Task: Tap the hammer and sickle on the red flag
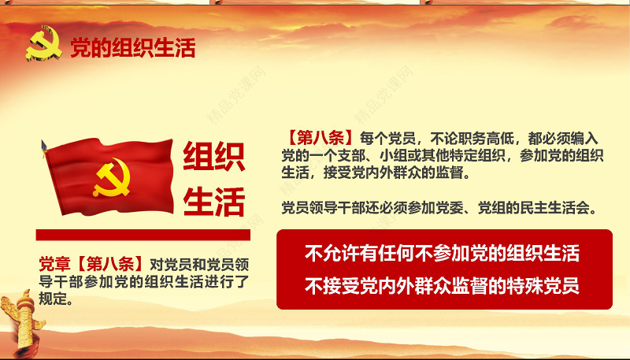[112, 180]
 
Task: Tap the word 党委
[474, 209]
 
